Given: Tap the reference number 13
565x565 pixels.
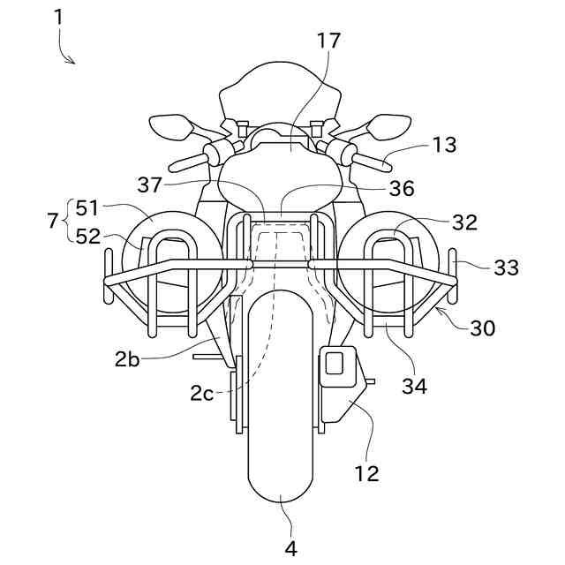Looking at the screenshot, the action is (x=444, y=145).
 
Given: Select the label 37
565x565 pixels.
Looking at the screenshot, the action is (x=151, y=185).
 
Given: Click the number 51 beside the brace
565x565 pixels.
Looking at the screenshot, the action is (x=88, y=207).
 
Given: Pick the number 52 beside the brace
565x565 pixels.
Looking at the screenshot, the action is (x=88, y=237).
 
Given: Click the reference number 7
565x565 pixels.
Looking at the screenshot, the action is (x=52, y=222).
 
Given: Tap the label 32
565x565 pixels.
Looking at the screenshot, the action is (x=464, y=222).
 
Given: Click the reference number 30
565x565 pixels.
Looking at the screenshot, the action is (x=482, y=328).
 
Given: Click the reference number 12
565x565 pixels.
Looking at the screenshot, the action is (x=366, y=473).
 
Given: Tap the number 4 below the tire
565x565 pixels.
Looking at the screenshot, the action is (x=290, y=548).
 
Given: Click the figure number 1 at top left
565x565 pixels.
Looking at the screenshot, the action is (x=58, y=17).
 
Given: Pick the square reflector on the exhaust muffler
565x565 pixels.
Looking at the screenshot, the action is (x=335, y=362).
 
